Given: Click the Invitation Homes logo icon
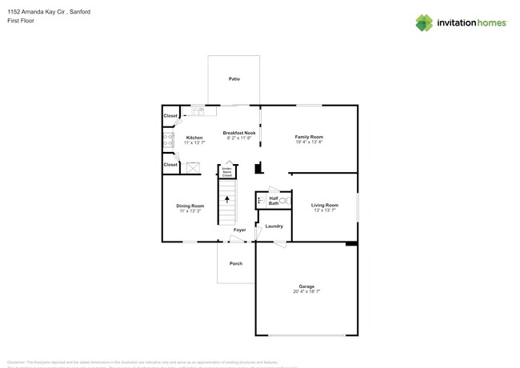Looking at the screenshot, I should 424,23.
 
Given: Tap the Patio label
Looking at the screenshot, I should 234,79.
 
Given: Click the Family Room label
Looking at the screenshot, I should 309,137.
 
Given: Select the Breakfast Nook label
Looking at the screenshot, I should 239,133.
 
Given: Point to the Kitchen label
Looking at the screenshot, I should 194,138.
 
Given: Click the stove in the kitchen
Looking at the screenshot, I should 168,141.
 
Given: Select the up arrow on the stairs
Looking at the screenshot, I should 226,199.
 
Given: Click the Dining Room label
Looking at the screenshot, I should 190,206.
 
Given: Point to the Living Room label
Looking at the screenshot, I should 325,206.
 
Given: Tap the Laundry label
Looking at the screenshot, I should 274,226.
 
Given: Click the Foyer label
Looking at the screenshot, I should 239,230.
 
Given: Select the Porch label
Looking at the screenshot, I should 236,263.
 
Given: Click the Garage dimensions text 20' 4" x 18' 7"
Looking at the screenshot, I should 306,291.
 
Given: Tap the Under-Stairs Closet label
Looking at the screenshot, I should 226,171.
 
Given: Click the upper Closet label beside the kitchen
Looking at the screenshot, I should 170,116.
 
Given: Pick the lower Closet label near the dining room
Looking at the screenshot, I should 170,165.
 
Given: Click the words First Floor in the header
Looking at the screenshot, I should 19,22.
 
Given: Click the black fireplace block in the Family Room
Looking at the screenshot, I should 258,168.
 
